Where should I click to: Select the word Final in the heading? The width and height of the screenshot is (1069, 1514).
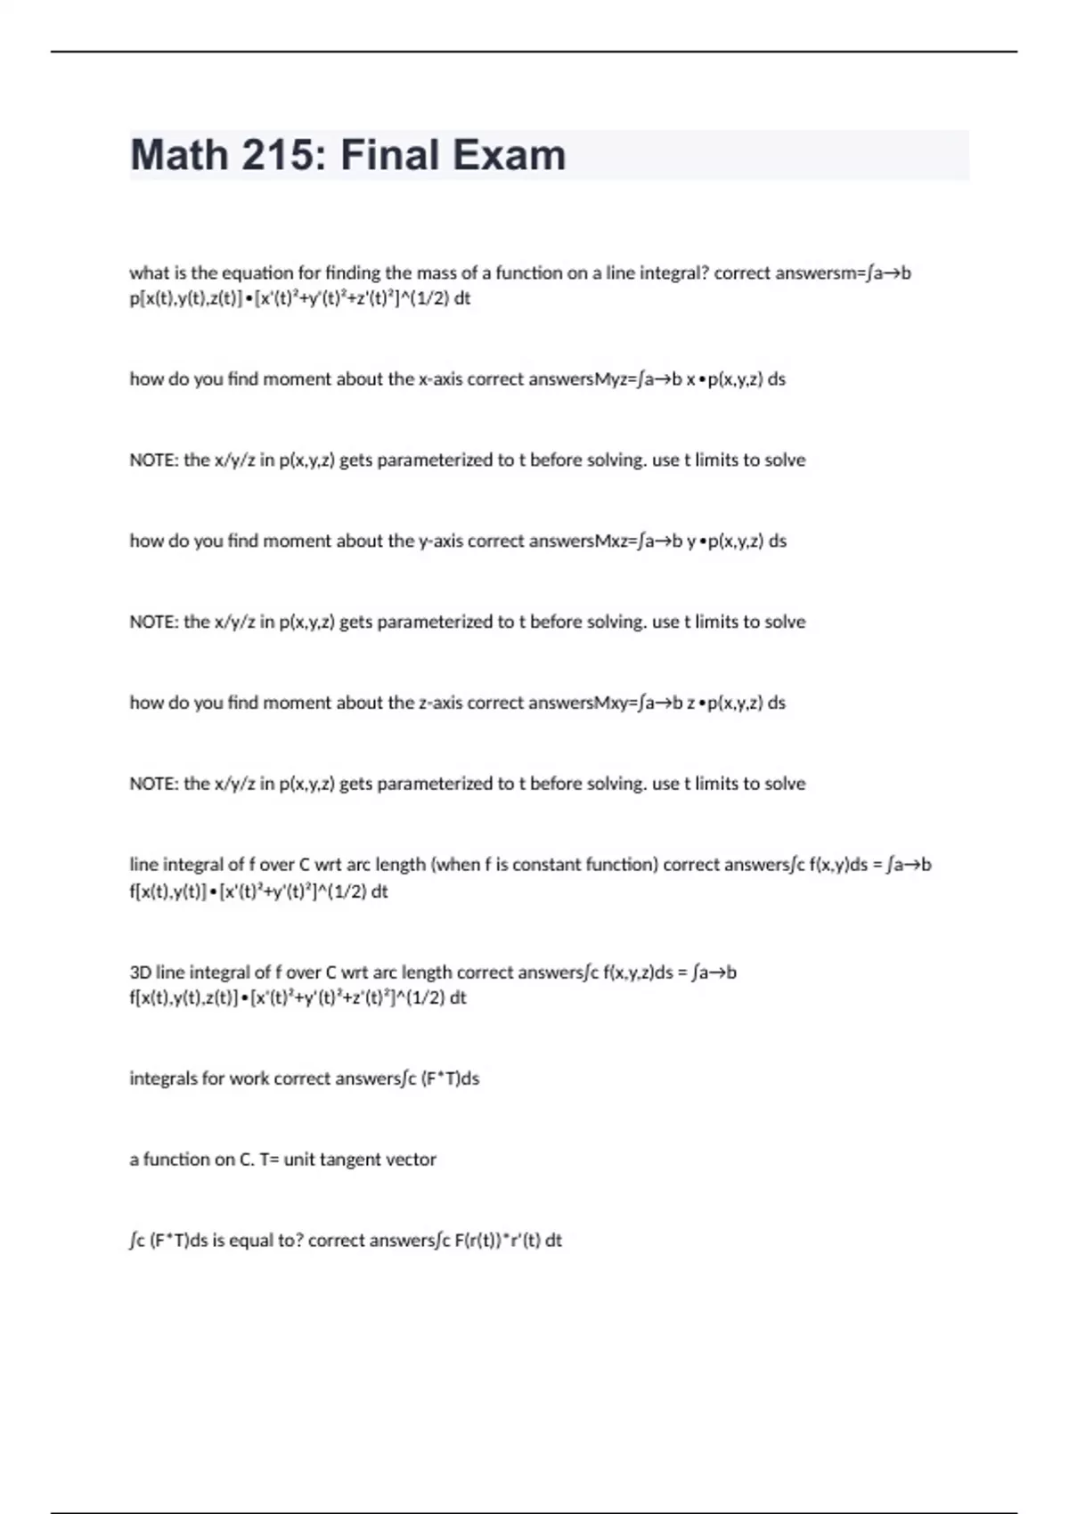(391, 155)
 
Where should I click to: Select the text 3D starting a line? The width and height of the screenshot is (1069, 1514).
(141, 973)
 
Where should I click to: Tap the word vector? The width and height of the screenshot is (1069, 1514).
(412, 1160)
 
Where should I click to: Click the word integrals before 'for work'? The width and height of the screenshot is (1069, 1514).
(164, 1079)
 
